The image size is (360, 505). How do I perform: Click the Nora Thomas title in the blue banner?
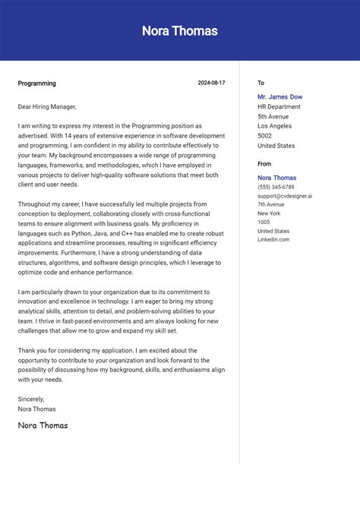point(179,31)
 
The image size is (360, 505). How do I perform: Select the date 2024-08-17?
point(211,83)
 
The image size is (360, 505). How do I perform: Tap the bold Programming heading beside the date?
point(36,84)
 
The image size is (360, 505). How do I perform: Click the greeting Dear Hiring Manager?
point(47,106)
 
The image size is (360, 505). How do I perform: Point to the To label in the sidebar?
point(261,83)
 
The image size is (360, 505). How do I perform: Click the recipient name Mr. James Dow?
point(279,97)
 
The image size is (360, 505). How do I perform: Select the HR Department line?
point(279,107)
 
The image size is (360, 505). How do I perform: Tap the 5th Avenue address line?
point(273,117)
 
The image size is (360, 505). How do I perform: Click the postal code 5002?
point(264,136)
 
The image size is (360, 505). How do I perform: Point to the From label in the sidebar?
point(264,163)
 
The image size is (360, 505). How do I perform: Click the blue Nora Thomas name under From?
point(276,178)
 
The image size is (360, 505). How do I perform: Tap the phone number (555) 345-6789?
point(276,187)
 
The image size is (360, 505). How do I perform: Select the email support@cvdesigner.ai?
point(284,196)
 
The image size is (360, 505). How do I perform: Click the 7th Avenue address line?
point(270,204)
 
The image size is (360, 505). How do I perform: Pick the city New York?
point(269,213)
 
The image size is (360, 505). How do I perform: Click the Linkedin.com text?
point(273,240)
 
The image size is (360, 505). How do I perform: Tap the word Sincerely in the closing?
point(31,399)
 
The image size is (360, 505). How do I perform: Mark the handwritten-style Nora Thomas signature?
point(43,425)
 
